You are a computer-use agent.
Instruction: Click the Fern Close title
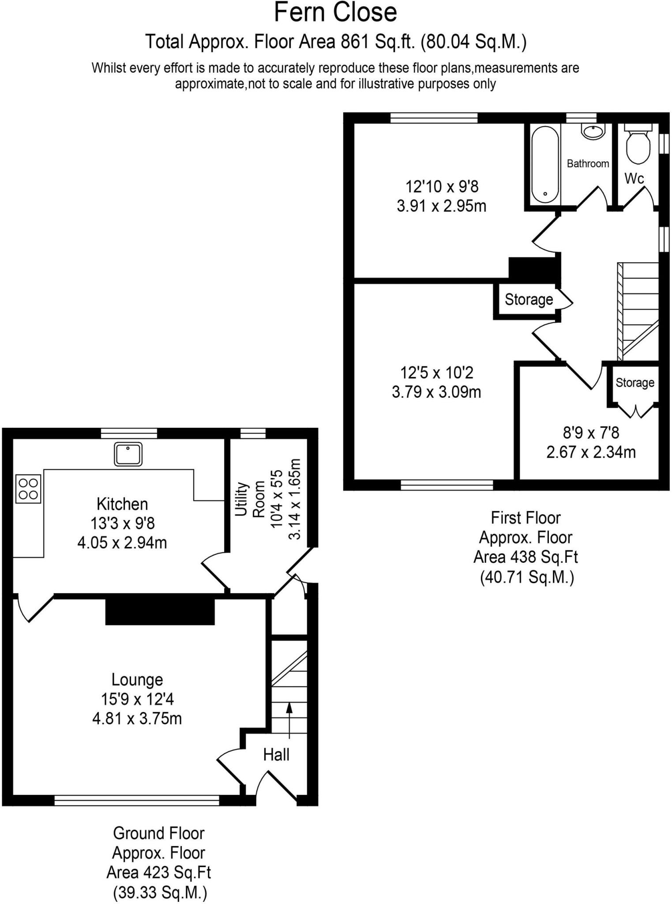point(335,12)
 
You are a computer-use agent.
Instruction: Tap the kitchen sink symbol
point(128,454)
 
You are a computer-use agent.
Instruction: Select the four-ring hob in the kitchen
point(28,489)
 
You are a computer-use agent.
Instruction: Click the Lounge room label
point(137,679)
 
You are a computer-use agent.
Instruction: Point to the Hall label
point(276,755)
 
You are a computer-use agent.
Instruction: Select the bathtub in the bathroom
point(545,164)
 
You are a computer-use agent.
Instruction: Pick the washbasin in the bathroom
point(593,132)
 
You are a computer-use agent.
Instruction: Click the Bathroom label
point(588,164)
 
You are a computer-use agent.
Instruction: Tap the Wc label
point(634,179)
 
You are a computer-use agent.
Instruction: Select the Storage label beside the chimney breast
point(529,300)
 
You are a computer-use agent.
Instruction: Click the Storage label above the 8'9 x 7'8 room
point(634,383)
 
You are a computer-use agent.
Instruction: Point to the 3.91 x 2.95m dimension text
point(441,206)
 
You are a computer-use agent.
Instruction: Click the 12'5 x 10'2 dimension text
point(436,373)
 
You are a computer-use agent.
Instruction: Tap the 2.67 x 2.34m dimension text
point(591,452)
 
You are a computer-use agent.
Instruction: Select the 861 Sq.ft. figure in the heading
point(378,42)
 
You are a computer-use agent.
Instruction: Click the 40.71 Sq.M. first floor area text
point(527,577)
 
